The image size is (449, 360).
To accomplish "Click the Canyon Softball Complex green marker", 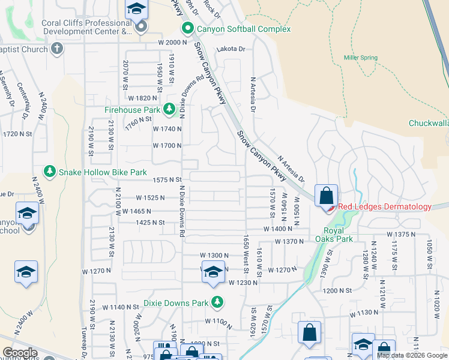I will pyautogui.click(x=188, y=29).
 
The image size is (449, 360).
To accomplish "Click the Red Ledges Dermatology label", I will pyautogui.click(x=385, y=207).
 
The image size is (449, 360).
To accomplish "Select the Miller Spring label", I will pyautogui.click(x=360, y=58).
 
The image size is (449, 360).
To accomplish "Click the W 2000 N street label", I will pyautogui.click(x=173, y=43).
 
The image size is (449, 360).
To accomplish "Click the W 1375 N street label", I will pyautogui.click(x=401, y=234).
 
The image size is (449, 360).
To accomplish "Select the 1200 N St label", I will pyautogui.click(x=336, y=290).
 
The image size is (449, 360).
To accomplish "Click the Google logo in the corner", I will pyautogui.click(x=20, y=353).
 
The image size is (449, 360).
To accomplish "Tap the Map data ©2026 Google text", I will pyautogui.click(x=412, y=355).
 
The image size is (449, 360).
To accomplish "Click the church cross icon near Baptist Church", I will pyautogui.click(x=57, y=49).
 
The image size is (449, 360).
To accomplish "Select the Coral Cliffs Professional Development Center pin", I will pyautogui.click(x=141, y=27).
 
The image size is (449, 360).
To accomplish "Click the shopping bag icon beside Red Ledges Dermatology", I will pyautogui.click(x=326, y=196).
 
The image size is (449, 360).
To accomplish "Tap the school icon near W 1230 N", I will pyautogui.click(x=214, y=272).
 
